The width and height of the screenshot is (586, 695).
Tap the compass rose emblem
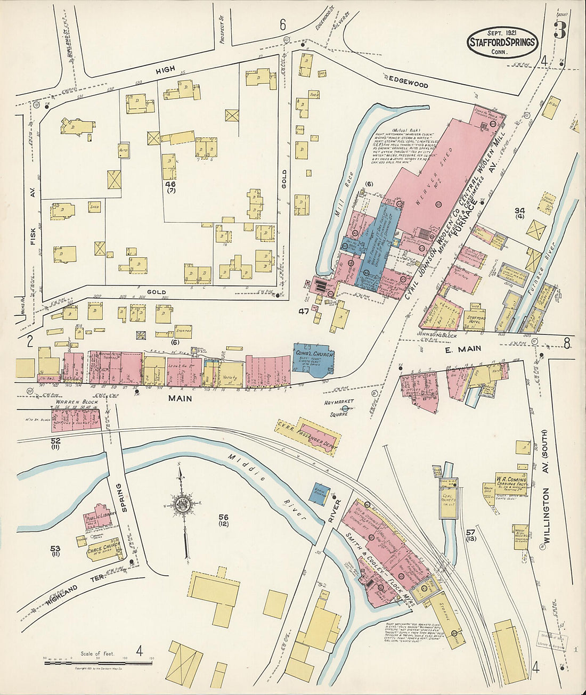(183, 503)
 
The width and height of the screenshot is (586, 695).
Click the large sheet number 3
(559, 30)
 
